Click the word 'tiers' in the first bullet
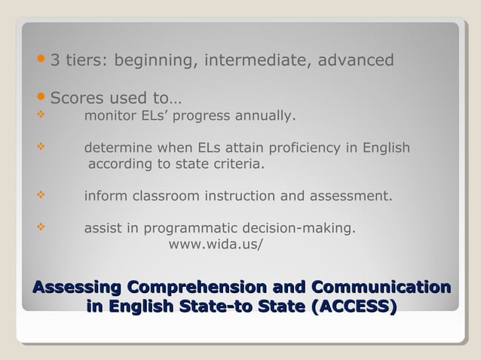pos(87,60)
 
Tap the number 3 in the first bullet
pos(56,60)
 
